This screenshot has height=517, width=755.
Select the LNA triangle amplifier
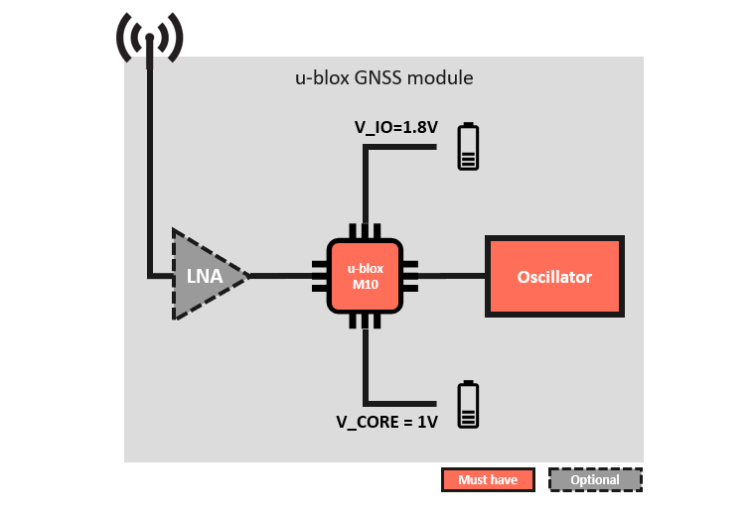(203, 275)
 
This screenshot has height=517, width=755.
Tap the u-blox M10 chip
(365, 276)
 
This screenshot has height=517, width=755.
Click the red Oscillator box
(554, 276)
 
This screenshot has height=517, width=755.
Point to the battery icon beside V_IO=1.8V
(467, 147)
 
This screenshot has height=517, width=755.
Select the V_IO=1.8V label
(396, 127)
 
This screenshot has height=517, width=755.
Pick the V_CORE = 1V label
(386, 422)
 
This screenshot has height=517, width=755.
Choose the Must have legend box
(488, 480)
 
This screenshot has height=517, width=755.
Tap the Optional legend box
(595, 480)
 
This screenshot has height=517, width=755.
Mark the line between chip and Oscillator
(452, 276)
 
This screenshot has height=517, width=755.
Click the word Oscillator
(554, 277)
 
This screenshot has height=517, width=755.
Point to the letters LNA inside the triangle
(202, 276)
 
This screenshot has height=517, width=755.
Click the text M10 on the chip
(365, 285)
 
